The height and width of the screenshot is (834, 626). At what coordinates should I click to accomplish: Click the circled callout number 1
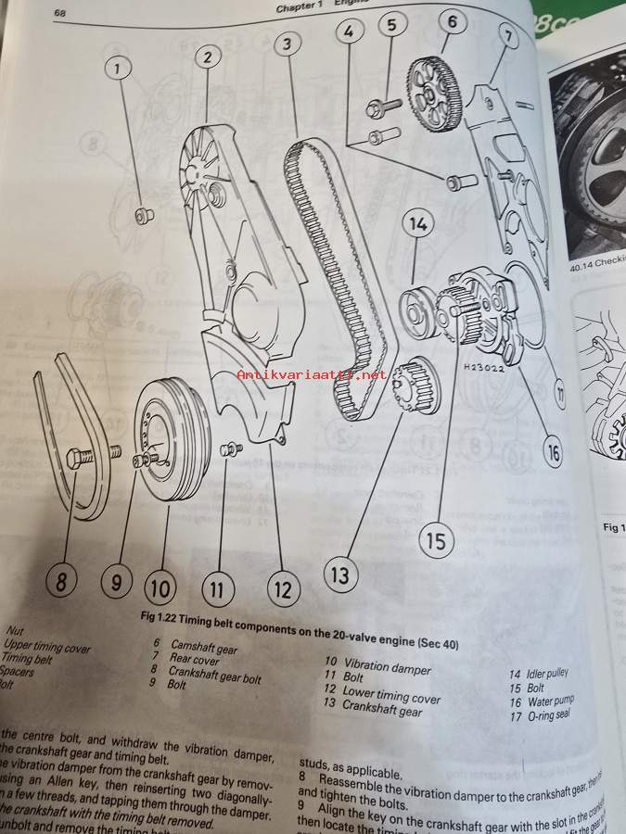(x=118, y=67)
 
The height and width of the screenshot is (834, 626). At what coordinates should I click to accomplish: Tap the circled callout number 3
(x=288, y=44)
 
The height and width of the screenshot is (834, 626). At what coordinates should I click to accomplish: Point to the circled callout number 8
(x=61, y=582)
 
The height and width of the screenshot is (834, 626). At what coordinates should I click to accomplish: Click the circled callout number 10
(x=160, y=587)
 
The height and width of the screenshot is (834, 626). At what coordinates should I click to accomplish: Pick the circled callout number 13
(x=340, y=575)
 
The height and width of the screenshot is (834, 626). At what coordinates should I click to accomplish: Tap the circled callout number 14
(x=418, y=224)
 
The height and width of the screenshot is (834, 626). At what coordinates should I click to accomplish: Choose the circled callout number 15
(x=436, y=537)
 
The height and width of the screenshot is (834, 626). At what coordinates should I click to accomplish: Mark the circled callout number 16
(x=553, y=453)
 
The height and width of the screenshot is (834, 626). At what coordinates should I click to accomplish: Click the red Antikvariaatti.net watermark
(x=311, y=374)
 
